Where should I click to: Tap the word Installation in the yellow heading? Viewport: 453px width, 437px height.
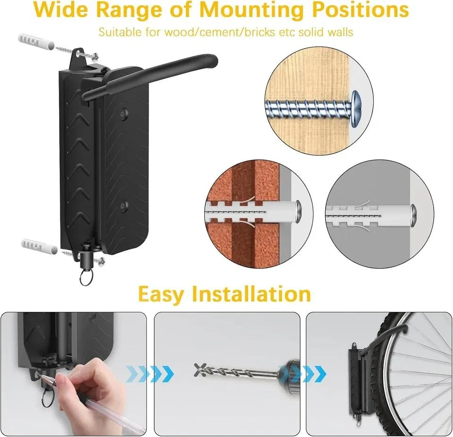(252, 294)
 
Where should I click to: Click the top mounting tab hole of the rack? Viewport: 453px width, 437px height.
(79, 53)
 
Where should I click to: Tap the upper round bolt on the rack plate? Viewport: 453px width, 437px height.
(125, 112)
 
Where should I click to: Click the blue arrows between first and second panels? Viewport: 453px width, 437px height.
(150, 374)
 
